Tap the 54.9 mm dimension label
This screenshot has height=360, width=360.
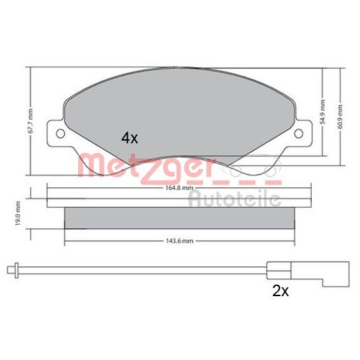tap(323, 112)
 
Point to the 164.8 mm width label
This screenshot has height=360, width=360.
tap(179, 187)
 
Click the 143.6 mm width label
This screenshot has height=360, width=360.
tap(179, 241)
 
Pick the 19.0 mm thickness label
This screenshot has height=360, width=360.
tap(18, 213)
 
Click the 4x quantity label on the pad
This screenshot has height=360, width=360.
tap(130, 138)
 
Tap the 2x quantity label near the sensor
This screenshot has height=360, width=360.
tap(281, 291)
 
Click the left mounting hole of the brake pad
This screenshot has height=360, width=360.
tap(60, 133)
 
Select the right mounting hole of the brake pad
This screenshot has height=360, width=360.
tap(299, 133)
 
